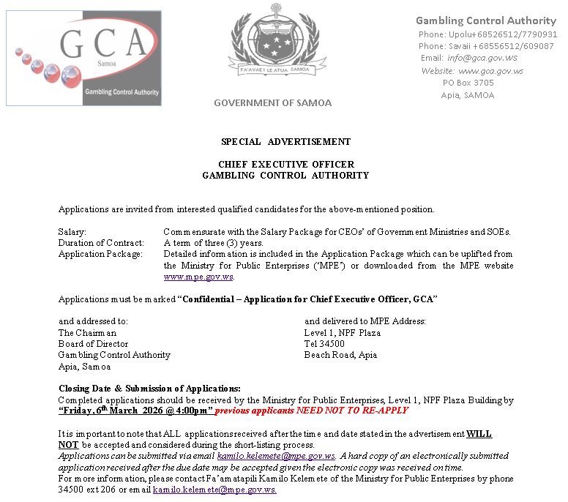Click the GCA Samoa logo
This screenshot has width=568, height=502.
83,58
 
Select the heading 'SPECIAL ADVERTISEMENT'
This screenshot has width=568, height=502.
285,142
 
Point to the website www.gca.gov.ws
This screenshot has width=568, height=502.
490,71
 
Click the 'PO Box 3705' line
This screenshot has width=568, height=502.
468,83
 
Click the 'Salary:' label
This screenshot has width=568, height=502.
72,232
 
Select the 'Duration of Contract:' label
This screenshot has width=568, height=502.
101,243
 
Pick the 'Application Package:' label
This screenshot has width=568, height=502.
100,254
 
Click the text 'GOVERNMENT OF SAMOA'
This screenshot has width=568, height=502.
272,103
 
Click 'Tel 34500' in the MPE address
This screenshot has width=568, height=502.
324,344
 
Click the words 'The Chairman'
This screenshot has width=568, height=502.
87,333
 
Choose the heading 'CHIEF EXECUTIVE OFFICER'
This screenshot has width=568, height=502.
285,165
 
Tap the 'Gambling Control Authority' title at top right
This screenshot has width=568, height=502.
486,20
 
